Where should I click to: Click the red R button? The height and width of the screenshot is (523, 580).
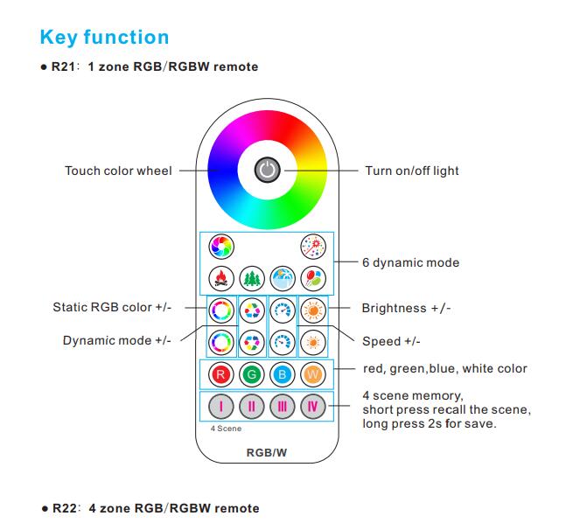(220, 374)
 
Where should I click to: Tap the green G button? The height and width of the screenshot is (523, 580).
(252, 374)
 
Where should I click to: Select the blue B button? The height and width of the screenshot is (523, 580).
(283, 374)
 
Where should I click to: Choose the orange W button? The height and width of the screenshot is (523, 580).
(313, 374)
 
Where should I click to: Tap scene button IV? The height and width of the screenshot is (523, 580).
(313, 407)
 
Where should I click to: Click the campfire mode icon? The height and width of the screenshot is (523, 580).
(221, 278)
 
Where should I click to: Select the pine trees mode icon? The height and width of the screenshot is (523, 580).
(252, 278)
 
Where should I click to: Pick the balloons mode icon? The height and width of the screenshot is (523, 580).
(313, 278)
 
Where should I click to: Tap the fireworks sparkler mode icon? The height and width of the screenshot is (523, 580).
(313, 247)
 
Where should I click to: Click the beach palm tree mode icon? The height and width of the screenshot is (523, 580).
(283, 278)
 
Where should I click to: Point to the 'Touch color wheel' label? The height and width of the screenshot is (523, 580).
(118, 171)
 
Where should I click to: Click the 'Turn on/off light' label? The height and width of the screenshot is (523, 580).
(412, 171)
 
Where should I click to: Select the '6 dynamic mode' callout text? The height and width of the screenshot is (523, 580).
(411, 262)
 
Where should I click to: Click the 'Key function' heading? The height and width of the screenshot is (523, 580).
(104, 38)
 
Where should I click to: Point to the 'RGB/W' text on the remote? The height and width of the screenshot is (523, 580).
(267, 453)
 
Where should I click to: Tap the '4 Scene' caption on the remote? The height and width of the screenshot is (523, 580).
(226, 429)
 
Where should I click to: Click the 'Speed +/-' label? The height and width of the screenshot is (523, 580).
(391, 341)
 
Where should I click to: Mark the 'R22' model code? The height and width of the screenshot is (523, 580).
(65, 508)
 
